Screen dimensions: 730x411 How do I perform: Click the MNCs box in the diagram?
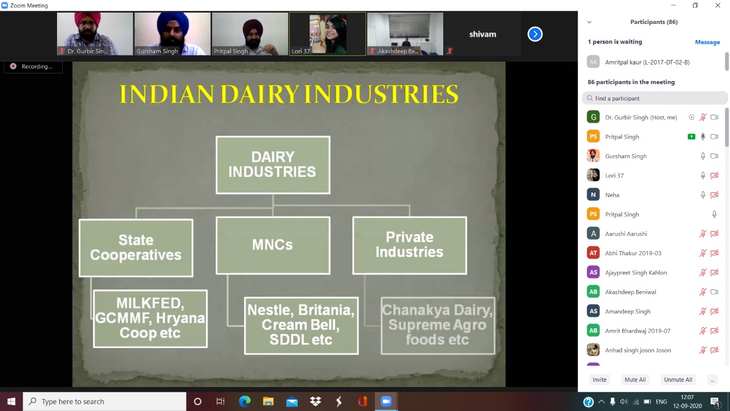pos(273,245)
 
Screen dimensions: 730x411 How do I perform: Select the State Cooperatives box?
pos(136,248)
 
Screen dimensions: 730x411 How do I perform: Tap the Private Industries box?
pos(409,245)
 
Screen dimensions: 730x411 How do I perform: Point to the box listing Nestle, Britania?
pos(301,325)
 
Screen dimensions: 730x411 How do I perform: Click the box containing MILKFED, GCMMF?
pos(150,319)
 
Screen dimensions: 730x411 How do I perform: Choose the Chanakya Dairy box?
pos(438,325)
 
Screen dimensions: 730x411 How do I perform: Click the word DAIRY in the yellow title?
pos(259,94)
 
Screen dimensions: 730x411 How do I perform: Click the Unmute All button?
pos(678,380)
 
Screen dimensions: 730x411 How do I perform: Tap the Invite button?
pos(599,380)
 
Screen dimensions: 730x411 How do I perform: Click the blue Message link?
pos(707,42)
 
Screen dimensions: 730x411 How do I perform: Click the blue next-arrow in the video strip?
pos(535,34)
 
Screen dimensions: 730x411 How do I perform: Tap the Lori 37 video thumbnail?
pos(327,34)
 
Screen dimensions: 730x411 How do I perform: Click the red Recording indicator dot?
pos(13,66)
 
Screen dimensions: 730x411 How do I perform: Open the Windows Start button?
pos(11,401)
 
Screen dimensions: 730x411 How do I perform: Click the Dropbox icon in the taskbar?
pos(315,401)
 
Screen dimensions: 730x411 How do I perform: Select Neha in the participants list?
pos(612,195)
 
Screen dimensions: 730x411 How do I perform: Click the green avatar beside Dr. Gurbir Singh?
pos(593,117)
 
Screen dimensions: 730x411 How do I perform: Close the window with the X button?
pos(717,6)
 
